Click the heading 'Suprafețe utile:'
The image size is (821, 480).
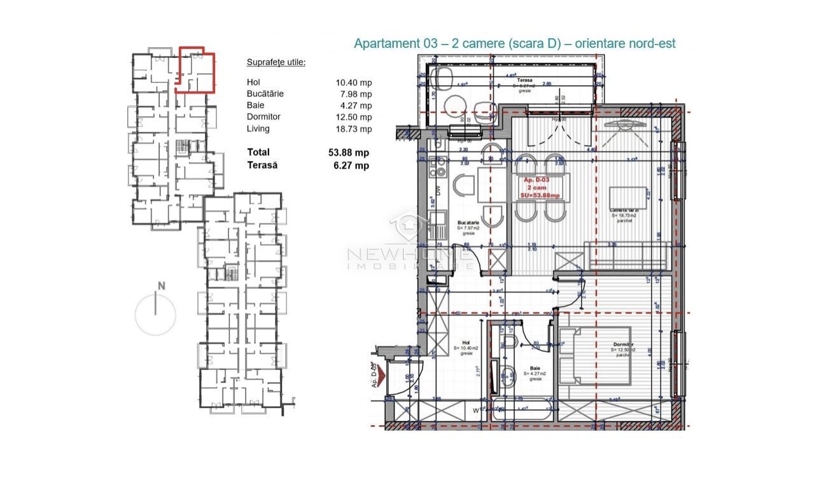[x=276, y=62]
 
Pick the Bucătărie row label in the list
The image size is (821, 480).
[x=265, y=94]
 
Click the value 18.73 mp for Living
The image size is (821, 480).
[x=354, y=129]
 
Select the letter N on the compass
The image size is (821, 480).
[x=161, y=286]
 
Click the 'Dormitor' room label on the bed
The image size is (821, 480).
[x=627, y=344]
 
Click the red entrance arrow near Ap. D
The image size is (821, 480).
[x=380, y=378]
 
